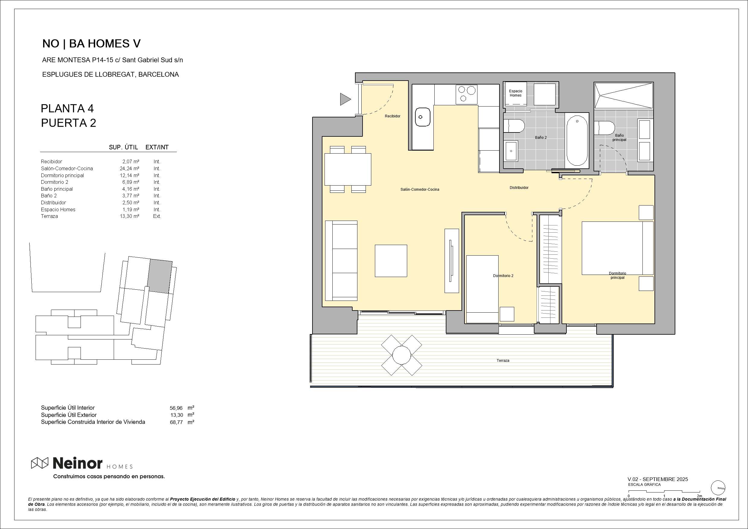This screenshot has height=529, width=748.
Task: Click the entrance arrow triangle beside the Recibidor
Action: pos(345,99)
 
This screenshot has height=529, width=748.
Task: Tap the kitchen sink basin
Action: pos(422,117)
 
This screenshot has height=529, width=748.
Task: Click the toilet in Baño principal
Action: pos(604,128)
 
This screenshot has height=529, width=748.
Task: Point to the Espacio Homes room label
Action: pos(515,93)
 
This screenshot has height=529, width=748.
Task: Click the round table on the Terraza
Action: pos(401,355)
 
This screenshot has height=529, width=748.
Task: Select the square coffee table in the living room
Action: pos(391,261)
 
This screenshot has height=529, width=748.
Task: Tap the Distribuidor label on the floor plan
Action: pos(519,188)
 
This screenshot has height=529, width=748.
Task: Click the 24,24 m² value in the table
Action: pos(129,168)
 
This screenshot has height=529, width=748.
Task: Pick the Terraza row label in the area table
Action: pos(49,216)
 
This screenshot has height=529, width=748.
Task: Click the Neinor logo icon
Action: pos(40,463)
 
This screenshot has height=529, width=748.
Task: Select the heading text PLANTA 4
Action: pos(67,108)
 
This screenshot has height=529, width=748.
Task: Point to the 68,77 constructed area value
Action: pos(176,422)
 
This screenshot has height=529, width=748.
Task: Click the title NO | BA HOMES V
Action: pos(92,44)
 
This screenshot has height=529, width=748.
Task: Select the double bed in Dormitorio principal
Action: pos(617,248)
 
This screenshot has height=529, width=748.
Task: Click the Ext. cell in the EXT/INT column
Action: pos(157,216)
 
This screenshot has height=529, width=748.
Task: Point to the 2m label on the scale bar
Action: pos(699,496)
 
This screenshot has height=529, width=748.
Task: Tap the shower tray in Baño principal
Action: pos(623,95)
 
